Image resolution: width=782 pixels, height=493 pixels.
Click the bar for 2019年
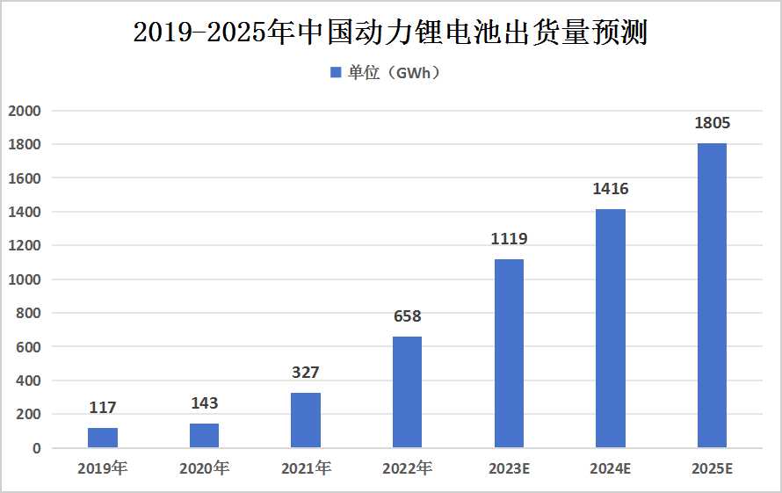103,438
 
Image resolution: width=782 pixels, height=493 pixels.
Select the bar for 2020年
204,436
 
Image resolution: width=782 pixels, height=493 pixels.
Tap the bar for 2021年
306,420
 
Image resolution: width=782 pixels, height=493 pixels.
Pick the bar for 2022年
407,392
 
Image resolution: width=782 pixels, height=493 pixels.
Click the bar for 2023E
509,353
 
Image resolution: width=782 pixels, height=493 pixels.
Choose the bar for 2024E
611,329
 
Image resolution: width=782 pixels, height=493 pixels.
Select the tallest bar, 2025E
712,295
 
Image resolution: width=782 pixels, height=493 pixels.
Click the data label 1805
712,123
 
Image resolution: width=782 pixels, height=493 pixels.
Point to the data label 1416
611,189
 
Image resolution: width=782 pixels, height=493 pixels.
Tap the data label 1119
509,239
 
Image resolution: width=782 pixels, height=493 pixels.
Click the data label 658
407,316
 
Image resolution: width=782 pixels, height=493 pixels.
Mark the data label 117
103,408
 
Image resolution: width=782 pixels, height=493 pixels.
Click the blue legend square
335,73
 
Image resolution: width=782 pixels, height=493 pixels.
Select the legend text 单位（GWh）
394,73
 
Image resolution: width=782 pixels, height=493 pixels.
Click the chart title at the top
391,33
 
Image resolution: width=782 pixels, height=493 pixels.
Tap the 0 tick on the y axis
36,448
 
